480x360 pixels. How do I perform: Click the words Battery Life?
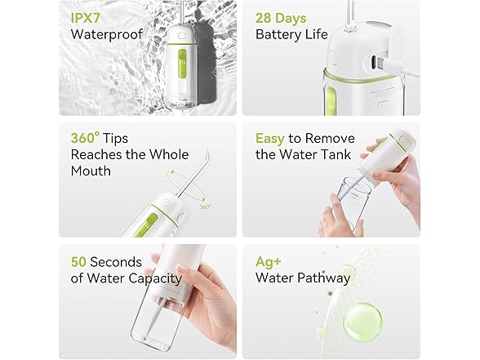[291, 34]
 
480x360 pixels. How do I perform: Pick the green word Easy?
[270, 138]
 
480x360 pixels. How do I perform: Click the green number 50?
[80, 262]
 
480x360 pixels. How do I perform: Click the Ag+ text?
[269, 262]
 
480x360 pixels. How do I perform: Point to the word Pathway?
[327, 278]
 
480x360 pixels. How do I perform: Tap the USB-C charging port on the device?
[381, 59]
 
